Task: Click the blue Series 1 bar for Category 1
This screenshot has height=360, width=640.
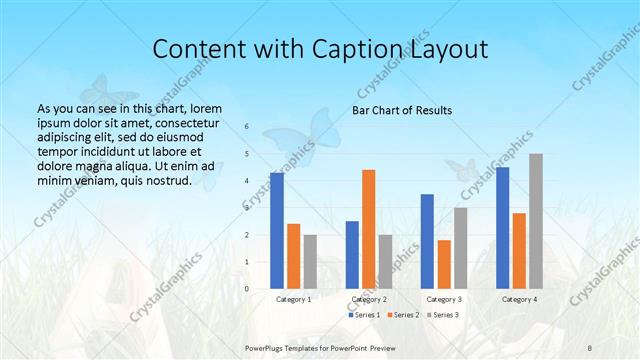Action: coord(277,231)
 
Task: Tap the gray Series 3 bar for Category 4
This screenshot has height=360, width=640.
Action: coord(536,221)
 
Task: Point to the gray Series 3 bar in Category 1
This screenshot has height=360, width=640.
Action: coord(310,262)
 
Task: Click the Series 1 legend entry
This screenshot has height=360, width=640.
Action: coord(363,315)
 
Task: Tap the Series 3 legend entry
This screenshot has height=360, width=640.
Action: coord(443,315)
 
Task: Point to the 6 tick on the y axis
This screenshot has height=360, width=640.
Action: coord(247,127)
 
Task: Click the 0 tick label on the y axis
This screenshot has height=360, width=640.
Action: coord(247,289)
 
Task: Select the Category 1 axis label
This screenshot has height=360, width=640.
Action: coord(293,299)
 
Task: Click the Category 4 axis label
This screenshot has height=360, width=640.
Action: coord(519,299)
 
